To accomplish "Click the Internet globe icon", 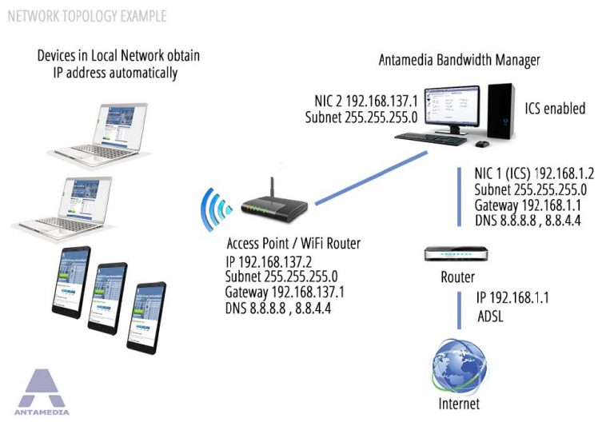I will click(x=459, y=364).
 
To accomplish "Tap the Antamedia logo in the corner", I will click(x=42, y=392).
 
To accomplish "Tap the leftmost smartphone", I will click(x=71, y=282).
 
